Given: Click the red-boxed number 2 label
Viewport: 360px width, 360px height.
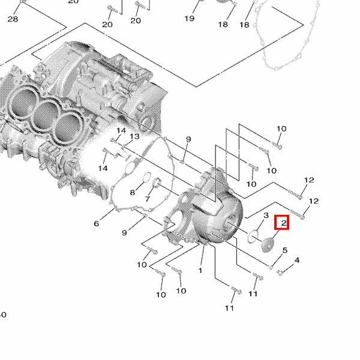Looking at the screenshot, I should (x=283, y=223).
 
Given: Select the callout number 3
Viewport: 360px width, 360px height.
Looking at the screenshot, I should (x=265, y=215).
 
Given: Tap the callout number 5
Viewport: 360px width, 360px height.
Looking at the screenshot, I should (x=284, y=250).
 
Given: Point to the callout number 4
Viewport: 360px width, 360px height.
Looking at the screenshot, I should (x=296, y=260).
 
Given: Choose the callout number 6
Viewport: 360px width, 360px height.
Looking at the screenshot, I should (x=96, y=224).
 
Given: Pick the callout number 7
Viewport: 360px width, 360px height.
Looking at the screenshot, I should (x=147, y=199).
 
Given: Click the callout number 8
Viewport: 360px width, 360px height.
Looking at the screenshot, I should (x=133, y=193).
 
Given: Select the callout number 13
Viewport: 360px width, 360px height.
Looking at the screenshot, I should (x=134, y=137).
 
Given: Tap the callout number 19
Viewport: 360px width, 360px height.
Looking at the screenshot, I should (x=190, y=19).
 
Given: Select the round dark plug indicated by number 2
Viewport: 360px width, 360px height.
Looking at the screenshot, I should (x=268, y=244).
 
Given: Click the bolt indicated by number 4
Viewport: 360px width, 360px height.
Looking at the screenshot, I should (x=280, y=273).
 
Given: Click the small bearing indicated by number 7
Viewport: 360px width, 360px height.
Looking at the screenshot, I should (x=158, y=183).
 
